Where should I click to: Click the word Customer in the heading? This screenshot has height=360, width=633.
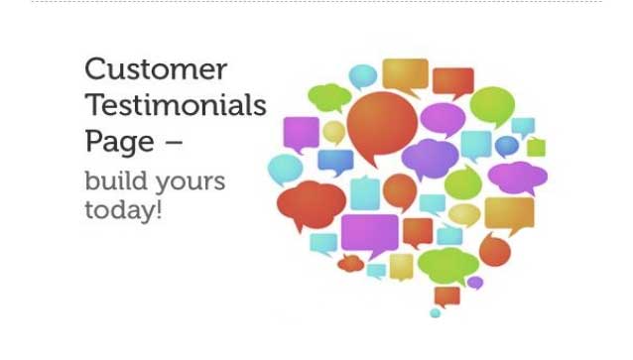156,70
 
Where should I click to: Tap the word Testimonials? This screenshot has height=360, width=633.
176,105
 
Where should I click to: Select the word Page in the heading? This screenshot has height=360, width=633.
119,142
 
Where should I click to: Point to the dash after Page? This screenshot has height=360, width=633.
174,142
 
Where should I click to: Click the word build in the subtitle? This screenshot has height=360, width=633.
107,182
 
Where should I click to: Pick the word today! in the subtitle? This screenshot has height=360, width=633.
123,211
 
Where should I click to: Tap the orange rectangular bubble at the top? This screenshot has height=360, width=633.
404,73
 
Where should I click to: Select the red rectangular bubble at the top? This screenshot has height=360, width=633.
452,80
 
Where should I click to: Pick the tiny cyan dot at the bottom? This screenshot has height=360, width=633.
435,313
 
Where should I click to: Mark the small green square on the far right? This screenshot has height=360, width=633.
536,148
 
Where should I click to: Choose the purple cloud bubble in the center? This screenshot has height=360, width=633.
430,157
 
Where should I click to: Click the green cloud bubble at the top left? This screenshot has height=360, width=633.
328,95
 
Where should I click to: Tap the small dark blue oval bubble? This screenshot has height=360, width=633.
506,146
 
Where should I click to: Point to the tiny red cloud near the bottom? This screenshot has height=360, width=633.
349,264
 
